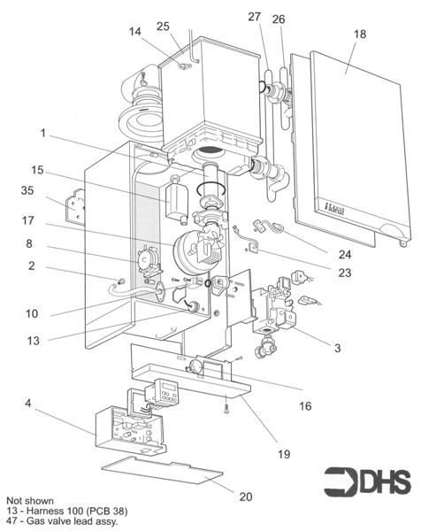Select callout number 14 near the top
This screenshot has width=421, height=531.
pyautogui.click(x=134, y=32)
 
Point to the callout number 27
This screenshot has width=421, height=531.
pyautogui.click(x=256, y=18)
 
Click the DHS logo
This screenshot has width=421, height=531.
pyautogui.click(x=368, y=482)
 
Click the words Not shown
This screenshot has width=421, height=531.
pyautogui.click(x=29, y=500)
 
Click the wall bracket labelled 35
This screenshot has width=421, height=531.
pyautogui.click(x=77, y=206)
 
